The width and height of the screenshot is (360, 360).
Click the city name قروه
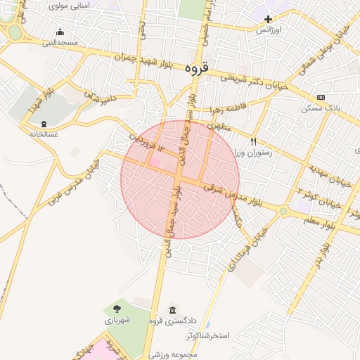click(x=198, y=68)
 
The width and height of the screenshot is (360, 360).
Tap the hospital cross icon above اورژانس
click(x=268, y=18)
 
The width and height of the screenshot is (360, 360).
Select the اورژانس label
click(x=267, y=30)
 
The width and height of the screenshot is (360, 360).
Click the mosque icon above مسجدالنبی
click(x=60, y=32)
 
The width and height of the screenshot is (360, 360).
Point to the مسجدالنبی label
click(x=60, y=43)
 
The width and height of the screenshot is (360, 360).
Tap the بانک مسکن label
click(x=321, y=108)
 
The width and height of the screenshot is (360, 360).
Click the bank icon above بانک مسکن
click(x=321, y=97)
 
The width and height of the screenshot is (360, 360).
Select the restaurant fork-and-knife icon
click(x=254, y=141)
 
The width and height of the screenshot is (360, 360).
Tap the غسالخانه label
click(x=44, y=134)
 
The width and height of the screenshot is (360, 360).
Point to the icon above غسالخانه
click(x=44, y=124)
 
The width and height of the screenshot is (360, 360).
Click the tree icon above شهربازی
click(x=116, y=308)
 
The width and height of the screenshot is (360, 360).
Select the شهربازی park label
click(x=116, y=320)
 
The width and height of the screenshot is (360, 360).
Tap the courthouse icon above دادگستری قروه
click(x=173, y=310)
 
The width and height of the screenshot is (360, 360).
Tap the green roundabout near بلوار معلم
click(x=283, y=211)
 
